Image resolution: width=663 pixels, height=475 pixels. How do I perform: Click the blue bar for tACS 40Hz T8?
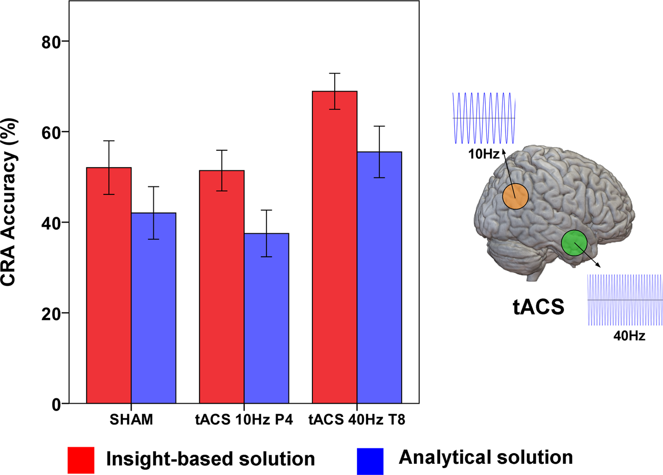[x=379, y=277]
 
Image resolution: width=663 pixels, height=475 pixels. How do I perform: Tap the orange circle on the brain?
[x=515, y=196]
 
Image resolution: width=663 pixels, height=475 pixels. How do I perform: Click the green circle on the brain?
[x=574, y=243]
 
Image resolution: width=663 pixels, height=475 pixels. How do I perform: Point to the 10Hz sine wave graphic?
[x=484, y=118]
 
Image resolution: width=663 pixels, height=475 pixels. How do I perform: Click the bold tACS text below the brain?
[x=537, y=307]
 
